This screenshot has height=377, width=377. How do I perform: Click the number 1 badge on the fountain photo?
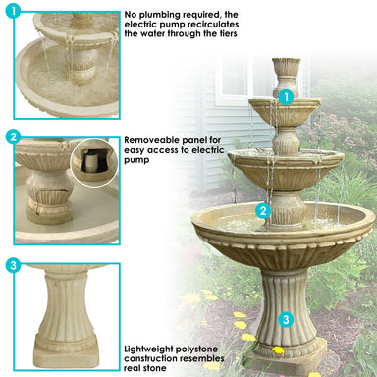(x=286, y=97)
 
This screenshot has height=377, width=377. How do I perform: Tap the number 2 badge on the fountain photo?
(x=263, y=210)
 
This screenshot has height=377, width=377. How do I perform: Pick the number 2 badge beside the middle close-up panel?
(x=13, y=137)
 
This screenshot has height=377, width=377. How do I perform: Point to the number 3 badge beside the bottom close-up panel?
(x=13, y=265)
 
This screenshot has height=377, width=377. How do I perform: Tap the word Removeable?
(x=151, y=139)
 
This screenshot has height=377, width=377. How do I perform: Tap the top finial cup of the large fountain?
(x=286, y=71)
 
